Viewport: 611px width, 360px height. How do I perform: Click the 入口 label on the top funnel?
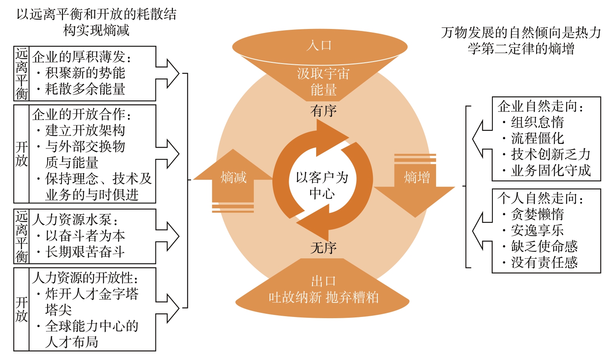[x=319, y=45]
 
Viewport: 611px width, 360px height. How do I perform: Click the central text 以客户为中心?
[x=322, y=185]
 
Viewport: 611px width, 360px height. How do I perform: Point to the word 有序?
[x=323, y=110]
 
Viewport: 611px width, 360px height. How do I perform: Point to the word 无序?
[x=323, y=248]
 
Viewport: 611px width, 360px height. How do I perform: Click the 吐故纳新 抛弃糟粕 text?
[x=323, y=298]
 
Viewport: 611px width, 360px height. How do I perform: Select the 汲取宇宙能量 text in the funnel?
[x=323, y=82]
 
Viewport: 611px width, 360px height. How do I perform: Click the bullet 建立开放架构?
[x=85, y=130]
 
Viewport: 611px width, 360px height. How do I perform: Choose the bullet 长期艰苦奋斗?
[x=85, y=252]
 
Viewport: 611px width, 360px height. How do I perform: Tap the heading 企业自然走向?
[x=541, y=106]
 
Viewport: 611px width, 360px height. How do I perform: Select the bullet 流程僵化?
[x=537, y=138]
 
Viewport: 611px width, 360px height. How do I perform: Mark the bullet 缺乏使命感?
[x=544, y=246]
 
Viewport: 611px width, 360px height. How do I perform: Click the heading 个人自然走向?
[x=541, y=198]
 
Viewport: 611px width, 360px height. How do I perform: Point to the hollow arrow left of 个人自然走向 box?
[x=482, y=231]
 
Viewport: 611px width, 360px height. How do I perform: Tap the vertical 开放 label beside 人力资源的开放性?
[x=21, y=309]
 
